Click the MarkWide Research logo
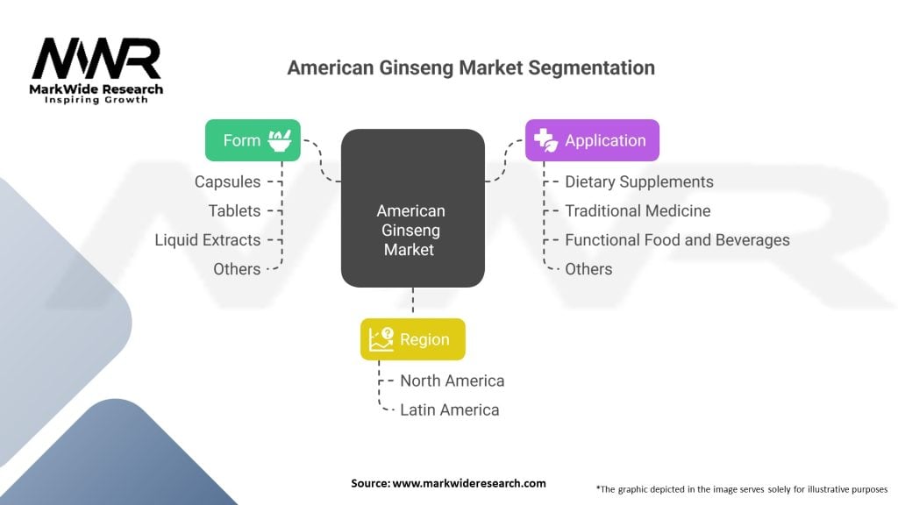click(x=96, y=70)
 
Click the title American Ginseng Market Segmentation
click(x=471, y=68)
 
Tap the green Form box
click(x=253, y=140)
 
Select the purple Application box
click(x=592, y=140)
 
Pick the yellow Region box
click(x=412, y=339)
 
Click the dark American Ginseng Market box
click(x=412, y=208)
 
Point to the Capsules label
click(x=227, y=181)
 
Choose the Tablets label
click(x=234, y=210)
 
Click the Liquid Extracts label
click(x=208, y=239)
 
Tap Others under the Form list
click(x=237, y=269)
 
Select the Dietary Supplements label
click(x=638, y=181)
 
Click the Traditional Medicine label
click(x=638, y=210)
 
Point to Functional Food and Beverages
click(x=677, y=239)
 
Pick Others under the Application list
click(x=588, y=269)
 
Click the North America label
click(x=452, y=381)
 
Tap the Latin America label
click(x=449, y=409)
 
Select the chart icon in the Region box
click(x=381, y=339)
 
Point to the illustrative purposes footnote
click(x=741, y=488)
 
